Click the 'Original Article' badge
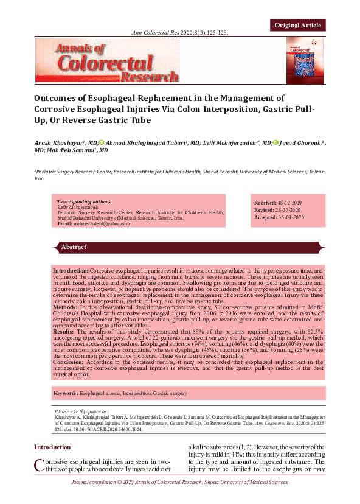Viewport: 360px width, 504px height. click(298, 25)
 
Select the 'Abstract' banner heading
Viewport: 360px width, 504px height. click(74, 247)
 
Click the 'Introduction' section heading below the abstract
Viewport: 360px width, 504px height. click(52, 447)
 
